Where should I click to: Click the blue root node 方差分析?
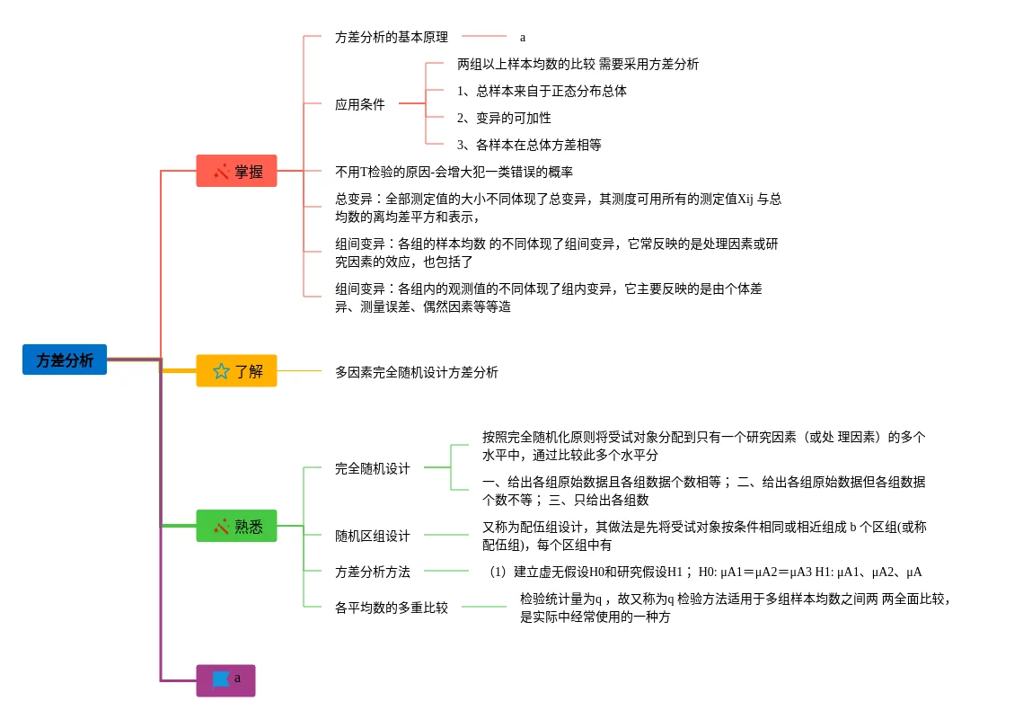(65, 359)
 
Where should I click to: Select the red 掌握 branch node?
(236, 171)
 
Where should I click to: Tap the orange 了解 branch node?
(236, 370)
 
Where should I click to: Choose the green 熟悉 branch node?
(236, 526)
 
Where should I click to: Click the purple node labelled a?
(225, 680)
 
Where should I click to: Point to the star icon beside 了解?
(221, 370)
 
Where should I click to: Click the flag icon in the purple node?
(220, 679)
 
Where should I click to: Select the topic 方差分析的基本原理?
(391, 37)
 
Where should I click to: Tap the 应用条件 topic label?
(359, 104)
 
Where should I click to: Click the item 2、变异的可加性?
(504, 118)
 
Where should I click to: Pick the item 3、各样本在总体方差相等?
(529, 144)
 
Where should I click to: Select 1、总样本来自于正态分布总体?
(542, 91)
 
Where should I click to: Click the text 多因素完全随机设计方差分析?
(416, 371)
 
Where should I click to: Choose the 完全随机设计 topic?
(372, 468)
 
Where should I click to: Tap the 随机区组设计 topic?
(372, 536)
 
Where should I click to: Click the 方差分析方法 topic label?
(372, 572)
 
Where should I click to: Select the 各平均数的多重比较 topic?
(391, 608)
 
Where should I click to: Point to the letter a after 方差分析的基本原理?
(523, 38)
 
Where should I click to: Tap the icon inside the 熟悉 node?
(221, 526)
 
